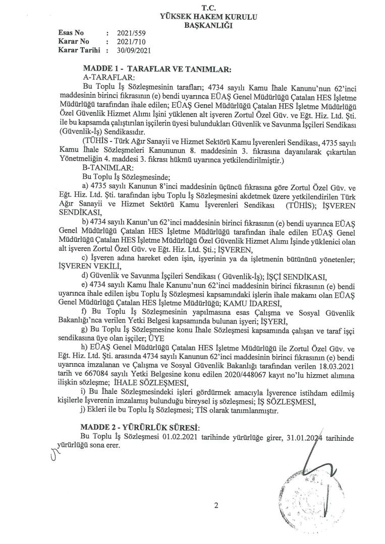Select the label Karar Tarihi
click(79, 50)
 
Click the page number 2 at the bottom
click(216, 506)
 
